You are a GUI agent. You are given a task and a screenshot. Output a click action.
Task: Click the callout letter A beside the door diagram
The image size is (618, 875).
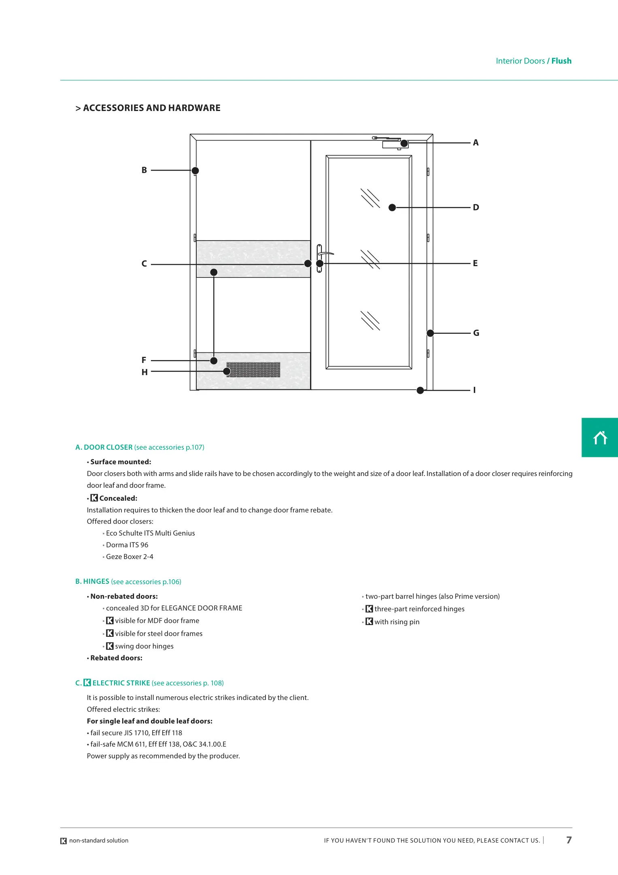476,143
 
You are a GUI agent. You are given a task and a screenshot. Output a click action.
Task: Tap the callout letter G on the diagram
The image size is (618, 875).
476,333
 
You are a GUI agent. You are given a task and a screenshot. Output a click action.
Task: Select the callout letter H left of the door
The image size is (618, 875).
144,372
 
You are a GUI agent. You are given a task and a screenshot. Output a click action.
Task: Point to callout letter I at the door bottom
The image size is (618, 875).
474,390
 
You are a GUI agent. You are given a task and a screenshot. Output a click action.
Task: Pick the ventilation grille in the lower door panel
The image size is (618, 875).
253,370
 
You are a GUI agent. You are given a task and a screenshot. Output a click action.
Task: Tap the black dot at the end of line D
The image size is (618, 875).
392,207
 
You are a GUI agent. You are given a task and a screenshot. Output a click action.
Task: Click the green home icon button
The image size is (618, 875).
600,437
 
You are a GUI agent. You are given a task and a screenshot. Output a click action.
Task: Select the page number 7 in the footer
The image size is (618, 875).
569,840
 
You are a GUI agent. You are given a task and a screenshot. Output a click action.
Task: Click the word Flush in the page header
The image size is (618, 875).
561,61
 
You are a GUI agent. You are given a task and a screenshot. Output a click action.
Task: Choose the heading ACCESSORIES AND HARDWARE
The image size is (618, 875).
148,108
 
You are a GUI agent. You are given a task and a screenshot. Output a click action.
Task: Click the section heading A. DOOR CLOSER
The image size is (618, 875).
104,447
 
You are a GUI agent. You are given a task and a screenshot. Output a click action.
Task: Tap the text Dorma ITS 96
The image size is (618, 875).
127,545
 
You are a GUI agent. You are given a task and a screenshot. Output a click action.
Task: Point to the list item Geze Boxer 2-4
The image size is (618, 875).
130,557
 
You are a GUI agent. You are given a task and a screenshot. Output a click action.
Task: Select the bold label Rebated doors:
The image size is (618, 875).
116,658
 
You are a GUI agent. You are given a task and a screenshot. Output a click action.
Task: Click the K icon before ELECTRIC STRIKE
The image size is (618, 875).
87,683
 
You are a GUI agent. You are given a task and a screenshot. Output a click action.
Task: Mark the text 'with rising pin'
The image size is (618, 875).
397,622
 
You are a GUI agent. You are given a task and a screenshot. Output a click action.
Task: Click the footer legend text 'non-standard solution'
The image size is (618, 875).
99,841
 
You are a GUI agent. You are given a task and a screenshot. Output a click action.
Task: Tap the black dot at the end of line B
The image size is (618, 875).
195,171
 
